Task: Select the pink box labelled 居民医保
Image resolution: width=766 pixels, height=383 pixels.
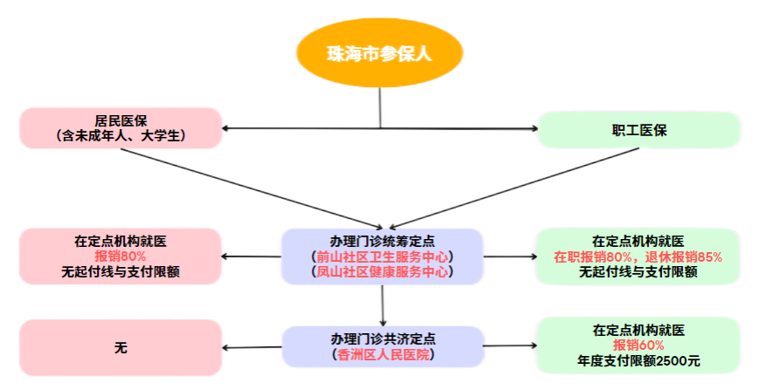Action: [x=121, y=128]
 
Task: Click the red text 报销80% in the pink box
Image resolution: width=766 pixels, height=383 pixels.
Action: [x=121, y=256]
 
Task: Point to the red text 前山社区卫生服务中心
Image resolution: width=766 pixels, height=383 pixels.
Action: [x=383, y=256]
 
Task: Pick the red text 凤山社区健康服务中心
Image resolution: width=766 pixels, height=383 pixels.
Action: [x=383, y=271]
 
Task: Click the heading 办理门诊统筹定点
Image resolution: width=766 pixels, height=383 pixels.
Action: [x=383, y=241]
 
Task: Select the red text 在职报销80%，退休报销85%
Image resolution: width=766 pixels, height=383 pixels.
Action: [x=638, y=256]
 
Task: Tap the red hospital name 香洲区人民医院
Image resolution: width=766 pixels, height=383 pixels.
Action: [x=383, y=354]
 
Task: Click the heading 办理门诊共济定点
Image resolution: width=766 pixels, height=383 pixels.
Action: [x=383, y=339]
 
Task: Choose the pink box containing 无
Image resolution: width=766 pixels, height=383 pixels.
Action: [x=121, y=347]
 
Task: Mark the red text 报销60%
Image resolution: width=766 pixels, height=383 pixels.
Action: [x=638, y=345]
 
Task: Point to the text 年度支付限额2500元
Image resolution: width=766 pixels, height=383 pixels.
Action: [x=638, y=360]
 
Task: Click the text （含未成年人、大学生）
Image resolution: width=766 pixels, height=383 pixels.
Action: [x=121, y=136]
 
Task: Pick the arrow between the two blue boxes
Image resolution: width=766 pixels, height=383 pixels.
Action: [x=382, y=305]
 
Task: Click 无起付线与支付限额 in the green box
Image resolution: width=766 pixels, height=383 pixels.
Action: [x=638, y=271]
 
